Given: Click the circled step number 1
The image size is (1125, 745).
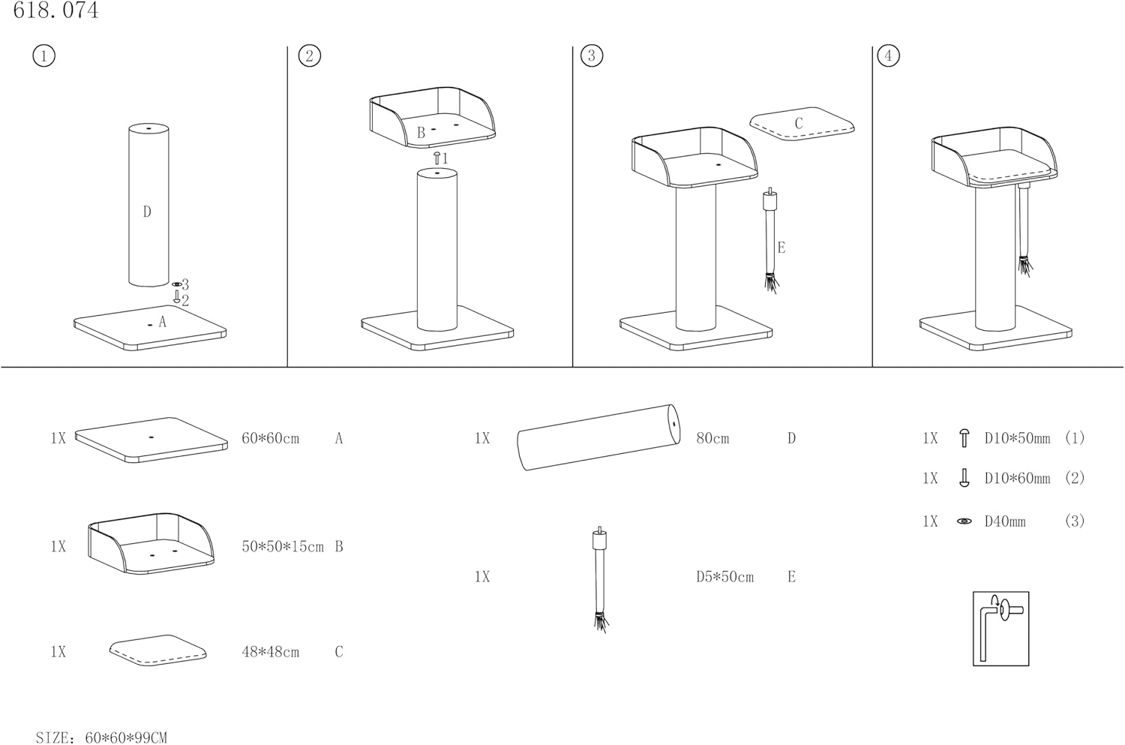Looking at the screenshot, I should [x=44, y=56].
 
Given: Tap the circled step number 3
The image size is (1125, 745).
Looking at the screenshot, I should [x=592, y=56].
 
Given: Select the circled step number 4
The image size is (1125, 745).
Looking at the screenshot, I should [x=888, y=56].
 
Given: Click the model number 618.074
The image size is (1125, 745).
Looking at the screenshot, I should [x=56, y=11].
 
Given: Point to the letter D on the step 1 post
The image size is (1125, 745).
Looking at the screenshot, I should [x=147, y=212].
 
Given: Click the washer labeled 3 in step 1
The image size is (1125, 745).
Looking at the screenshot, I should [x=176, y=285].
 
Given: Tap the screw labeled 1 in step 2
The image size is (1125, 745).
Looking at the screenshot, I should [x=437, y=158].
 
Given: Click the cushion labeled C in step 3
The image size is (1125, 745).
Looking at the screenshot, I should [x=802, y=123].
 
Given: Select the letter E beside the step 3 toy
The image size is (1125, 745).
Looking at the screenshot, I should [x=781, y=248].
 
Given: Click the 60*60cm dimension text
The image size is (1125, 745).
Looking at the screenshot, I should [x=270, y=439].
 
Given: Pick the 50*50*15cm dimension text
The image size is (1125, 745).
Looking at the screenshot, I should [x=282, y=547].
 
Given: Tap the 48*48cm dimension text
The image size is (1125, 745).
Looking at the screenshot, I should [x=270, y=652].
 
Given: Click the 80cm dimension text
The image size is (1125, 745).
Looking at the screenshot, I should [x=712, y=439].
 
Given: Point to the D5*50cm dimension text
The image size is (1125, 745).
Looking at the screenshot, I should [x=724, y=577].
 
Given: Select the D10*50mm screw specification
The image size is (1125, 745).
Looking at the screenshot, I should [x=1017, y=439].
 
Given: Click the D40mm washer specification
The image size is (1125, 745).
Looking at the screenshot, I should [x=1004, y=521].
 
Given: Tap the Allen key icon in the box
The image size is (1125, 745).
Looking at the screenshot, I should [x=1000, y=628].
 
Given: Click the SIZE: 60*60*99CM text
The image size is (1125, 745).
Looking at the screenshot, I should [x=101, y=737].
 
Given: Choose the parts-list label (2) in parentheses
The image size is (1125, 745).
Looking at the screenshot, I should [x=1075, y=479].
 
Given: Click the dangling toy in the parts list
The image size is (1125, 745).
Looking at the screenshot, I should [x=600, y=578].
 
